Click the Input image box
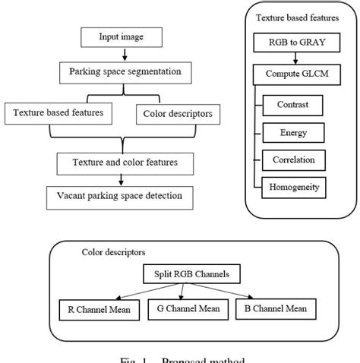pos(121,36)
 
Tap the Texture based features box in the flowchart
pos(59,114)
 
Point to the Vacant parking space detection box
pos(118,195)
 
